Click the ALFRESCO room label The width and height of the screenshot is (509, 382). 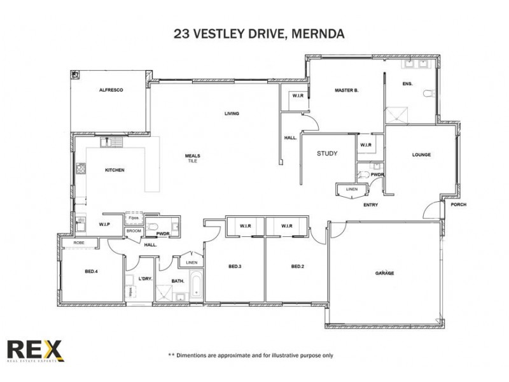tap(111, 90)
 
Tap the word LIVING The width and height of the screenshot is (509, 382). tap(232, 114)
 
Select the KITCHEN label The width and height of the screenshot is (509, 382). tap(115, 170)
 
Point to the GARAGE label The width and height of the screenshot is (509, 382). tap(384, 273)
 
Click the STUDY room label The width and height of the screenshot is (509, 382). tap(327, 154)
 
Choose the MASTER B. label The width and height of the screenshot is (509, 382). tap(347, 90)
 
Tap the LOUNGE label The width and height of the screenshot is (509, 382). tap(421, 155)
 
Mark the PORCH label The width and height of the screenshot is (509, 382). tap(458, 205)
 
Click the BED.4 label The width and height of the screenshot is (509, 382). tap(92, 272)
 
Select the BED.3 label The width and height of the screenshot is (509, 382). tap(235, 266)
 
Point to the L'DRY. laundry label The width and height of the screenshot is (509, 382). tap(144, 279)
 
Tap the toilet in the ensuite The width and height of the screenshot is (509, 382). tap(428, 94)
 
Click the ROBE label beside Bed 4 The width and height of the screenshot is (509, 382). tap(80, 243)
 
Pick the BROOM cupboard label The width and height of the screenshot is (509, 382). tap(134, 231)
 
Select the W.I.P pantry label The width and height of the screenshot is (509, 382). tap(105, 225)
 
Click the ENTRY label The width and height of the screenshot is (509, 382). tap(371, 205)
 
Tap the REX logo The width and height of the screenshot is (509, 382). tap(34, 351)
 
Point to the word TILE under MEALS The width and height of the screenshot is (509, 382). tap(193, 162)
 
